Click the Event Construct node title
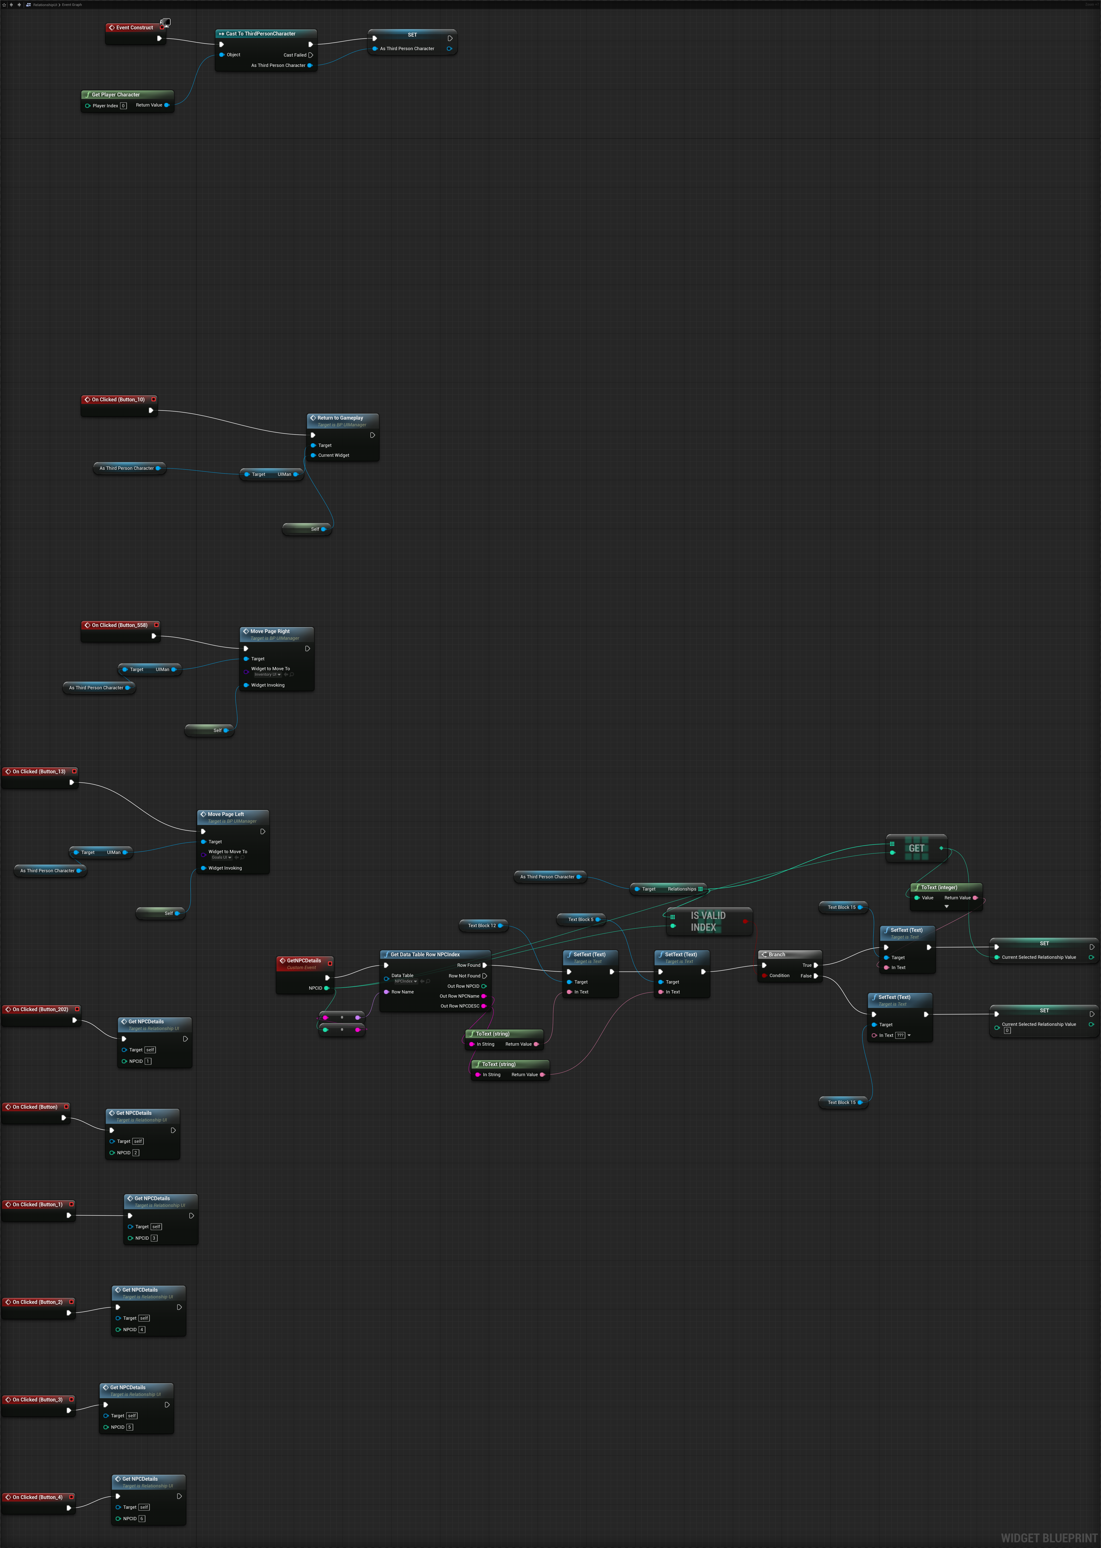134,28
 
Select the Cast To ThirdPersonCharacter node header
260,34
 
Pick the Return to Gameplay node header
340,418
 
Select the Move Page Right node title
270,631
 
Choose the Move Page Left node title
226,814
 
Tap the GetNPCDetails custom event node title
304,961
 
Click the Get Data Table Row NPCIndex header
425,955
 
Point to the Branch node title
777,955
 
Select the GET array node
916,848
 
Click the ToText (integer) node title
939,887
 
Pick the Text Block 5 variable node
580,920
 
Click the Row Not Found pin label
464,976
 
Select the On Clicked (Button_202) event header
40,1010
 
